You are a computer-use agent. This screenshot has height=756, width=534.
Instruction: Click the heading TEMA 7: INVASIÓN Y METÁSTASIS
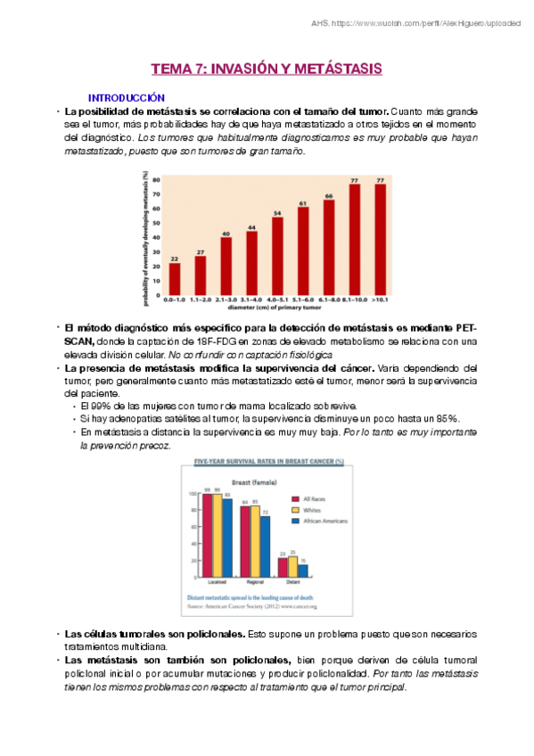266,69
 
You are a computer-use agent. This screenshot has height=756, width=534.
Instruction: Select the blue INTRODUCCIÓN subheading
126,96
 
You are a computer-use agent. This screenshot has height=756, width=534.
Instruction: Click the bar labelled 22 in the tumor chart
175,278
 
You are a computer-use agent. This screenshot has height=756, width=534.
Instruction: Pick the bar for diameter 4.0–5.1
277,256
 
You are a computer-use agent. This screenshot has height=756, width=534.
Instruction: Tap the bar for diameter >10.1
381,239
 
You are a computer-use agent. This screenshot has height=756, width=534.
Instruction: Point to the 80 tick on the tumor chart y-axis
158,180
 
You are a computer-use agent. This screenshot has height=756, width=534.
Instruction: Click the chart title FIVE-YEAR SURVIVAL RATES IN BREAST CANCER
267,461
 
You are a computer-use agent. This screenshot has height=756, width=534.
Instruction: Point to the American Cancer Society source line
251,606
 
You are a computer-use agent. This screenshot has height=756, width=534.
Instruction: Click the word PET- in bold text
465,330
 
